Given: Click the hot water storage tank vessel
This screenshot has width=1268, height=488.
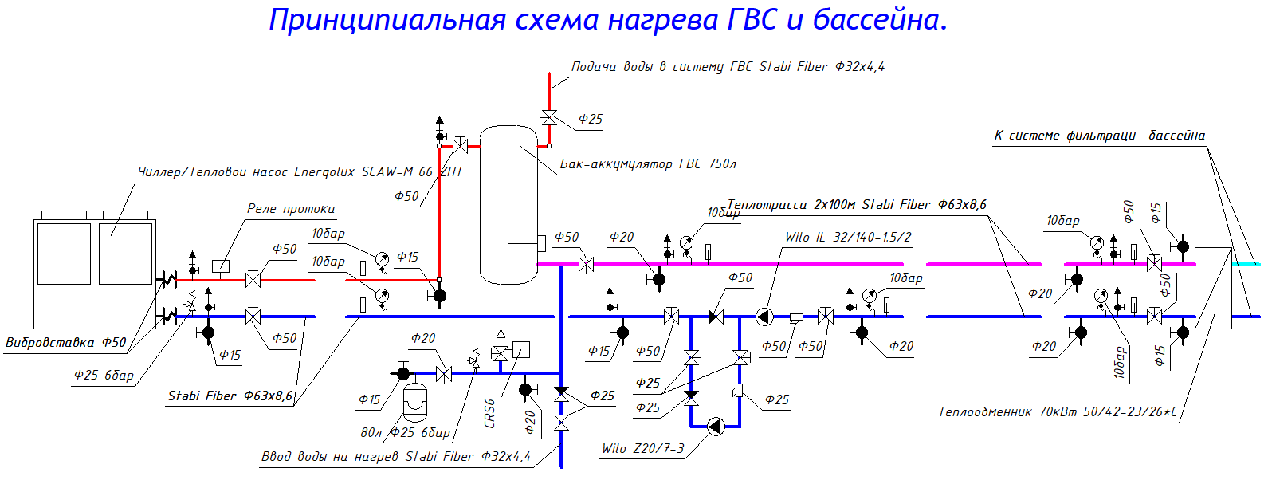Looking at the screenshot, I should (508, 205).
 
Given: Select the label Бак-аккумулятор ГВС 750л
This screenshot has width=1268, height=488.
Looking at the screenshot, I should (647, 163).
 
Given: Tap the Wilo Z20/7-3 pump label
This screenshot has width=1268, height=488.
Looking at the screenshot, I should (642, 448).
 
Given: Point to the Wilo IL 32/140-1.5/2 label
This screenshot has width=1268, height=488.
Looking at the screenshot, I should (847, 237).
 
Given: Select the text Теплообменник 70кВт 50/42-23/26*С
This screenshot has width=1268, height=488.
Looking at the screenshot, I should (1058, 412).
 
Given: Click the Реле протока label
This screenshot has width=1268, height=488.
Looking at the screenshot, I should (290, 209).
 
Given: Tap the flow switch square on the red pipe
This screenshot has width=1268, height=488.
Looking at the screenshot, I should (221, 266).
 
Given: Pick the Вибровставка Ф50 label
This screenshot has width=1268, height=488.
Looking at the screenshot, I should (65, 342).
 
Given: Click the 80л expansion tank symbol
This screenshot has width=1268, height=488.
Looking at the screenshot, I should (414, 403).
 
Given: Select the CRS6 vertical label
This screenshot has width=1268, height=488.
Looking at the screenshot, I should (489, 414).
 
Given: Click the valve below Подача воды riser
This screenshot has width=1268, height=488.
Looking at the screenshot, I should (548, 119).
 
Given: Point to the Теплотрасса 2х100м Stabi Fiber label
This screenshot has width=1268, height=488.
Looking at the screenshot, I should (857, 205).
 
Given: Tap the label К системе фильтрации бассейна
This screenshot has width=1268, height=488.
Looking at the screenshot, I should (1099, 136).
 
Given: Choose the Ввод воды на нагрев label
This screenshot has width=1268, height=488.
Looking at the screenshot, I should (396, 456).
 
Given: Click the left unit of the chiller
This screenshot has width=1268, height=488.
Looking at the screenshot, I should (63, 253).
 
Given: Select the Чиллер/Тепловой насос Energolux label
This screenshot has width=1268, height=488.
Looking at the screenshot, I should (300, 171).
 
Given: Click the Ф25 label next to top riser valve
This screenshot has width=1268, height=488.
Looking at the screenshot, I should (590, 119).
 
